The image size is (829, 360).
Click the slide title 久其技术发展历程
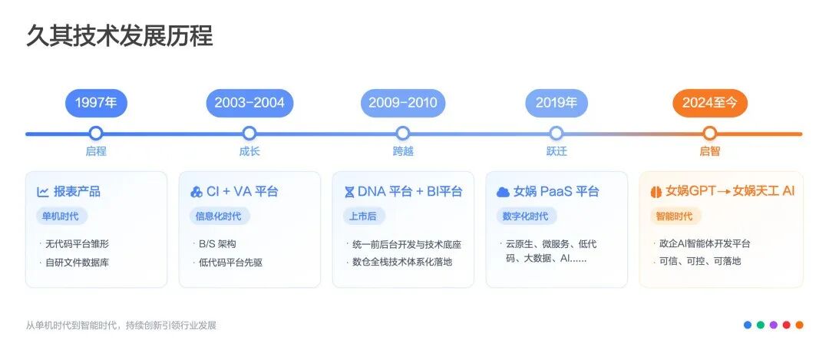click(119, 35)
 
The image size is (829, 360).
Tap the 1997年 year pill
click(96, 103)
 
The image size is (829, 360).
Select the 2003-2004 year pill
click(249, 103)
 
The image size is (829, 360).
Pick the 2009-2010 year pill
click(403, 103)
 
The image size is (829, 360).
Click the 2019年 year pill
click(557, 103)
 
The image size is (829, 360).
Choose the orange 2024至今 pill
click(710, 103)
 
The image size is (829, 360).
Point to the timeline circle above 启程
click(96, 134)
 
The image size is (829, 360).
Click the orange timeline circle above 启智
click(710, 134)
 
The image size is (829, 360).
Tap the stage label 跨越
click(403, 151)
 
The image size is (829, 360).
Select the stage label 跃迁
click(557, 151)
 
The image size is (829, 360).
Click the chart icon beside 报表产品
click(43, 192)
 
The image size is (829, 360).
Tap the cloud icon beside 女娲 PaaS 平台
click(504, 192)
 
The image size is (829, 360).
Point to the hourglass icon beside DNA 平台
click(350, 192)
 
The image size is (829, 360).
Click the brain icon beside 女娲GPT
click(656, 192)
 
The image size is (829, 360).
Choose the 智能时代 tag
click(674, 216)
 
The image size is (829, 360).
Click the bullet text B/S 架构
click(217, 244)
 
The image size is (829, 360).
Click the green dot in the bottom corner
click(760, 325)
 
